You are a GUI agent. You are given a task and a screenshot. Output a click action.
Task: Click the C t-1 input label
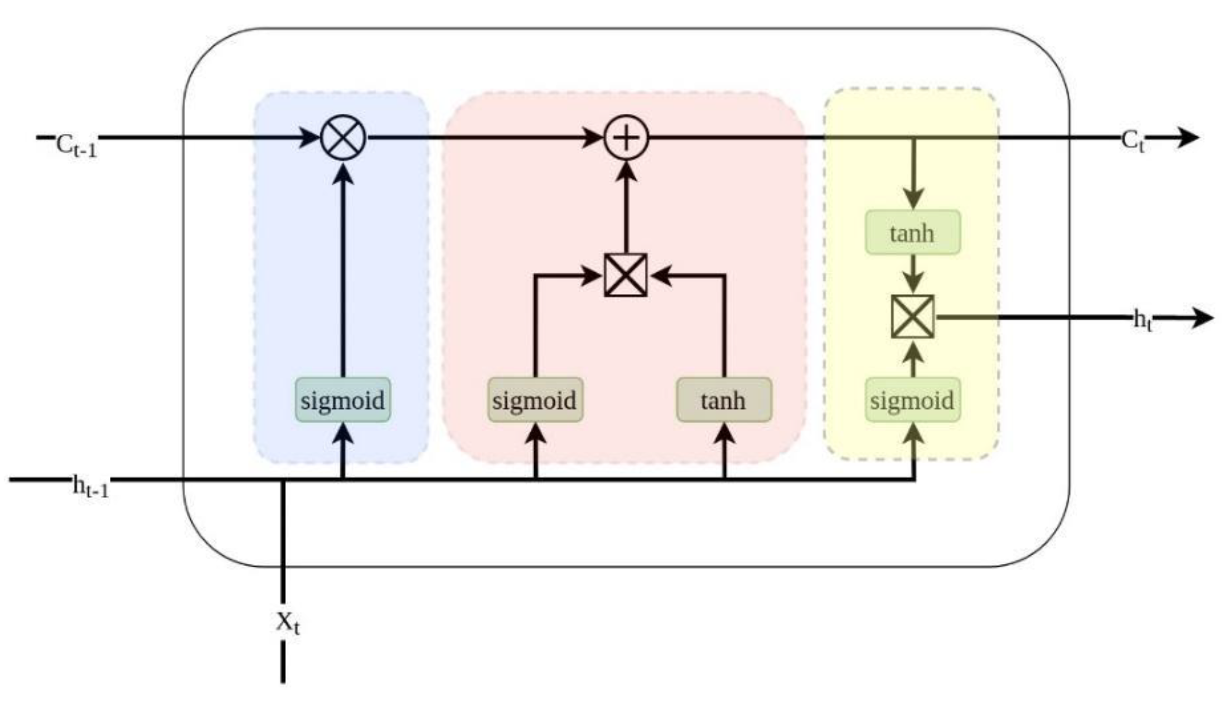pos(76,146)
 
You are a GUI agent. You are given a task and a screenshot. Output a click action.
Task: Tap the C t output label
pos(1133,142)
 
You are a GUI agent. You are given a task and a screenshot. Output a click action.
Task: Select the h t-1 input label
pos(91,487)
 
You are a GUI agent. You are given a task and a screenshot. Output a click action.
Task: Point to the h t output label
pos(1143,321)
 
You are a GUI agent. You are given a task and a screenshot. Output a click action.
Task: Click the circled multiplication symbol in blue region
pos(344,138)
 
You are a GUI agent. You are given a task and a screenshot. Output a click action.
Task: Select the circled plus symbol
pos(626,138)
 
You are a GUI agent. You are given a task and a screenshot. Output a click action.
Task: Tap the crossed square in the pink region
pos(626,275)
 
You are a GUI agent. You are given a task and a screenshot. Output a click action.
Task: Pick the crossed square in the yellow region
pos(913,317)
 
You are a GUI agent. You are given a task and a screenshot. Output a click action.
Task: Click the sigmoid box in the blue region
pos(343,400)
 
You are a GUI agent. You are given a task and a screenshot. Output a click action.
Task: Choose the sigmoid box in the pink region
pos(535,400)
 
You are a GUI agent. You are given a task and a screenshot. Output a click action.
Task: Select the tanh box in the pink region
pos(724,400)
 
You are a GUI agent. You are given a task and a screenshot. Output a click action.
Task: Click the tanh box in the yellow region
pos(913,233)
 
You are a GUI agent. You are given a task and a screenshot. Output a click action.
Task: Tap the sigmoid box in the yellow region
pos(913,400)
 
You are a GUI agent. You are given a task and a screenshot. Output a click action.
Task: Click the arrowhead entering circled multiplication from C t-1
pos(309,137)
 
